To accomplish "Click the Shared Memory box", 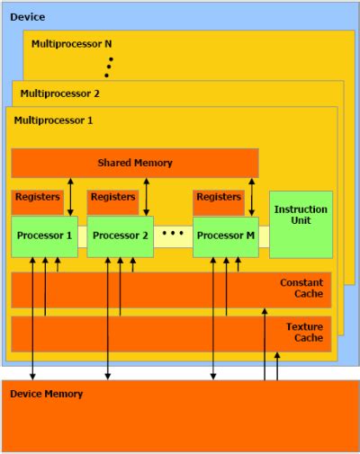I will tap(135, 163).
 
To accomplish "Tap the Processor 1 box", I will tap(44, 236).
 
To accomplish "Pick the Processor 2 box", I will tap(120, 236).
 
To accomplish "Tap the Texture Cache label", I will tap(303, 333).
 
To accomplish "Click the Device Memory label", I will tap(46, 394).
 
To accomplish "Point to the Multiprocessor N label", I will tap(72, 43).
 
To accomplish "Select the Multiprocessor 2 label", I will tap(60, 93).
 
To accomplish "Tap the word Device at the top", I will tap(27, 17).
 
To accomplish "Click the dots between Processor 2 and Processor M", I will tap(173, 234).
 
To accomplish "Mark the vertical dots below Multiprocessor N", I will tap(111, 67).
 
